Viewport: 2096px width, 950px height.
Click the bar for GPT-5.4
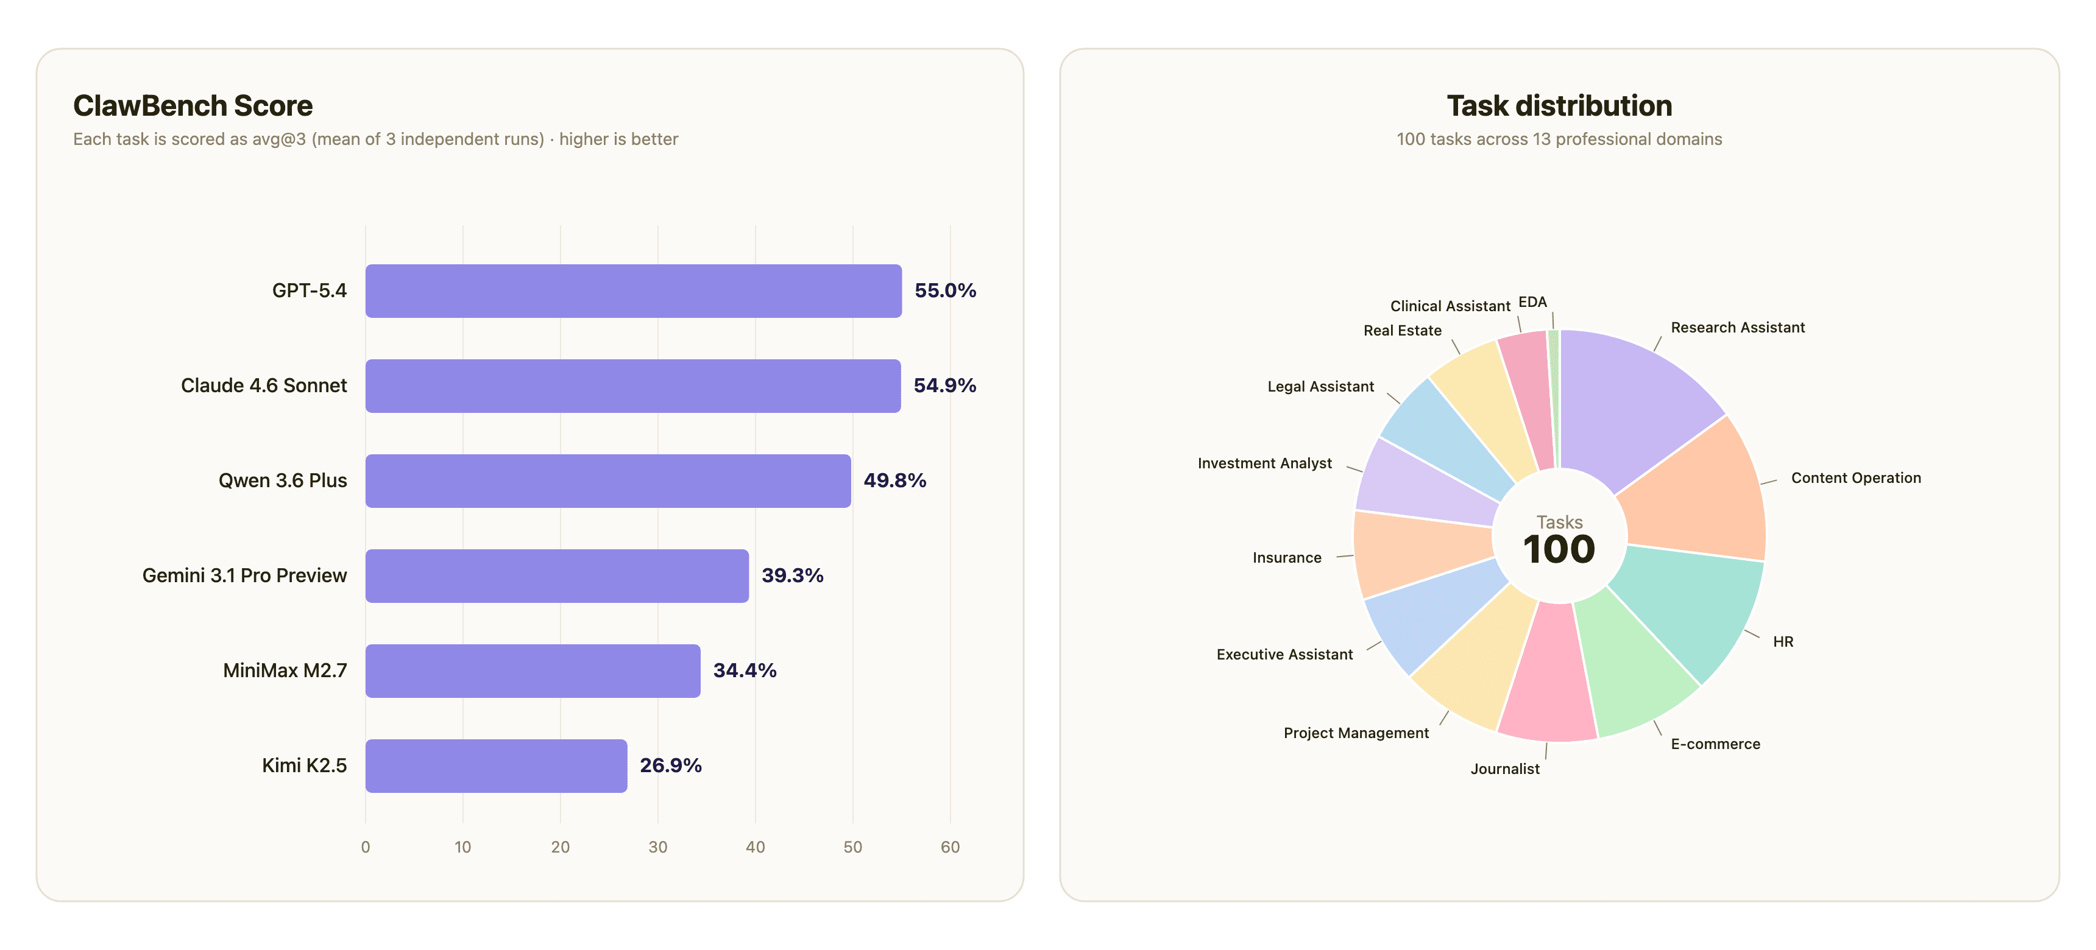(x=633, y=290)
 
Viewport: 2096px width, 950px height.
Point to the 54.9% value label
(x=944, y=385)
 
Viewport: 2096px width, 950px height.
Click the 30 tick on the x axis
(x=657, y=846)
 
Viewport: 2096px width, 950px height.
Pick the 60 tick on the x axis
(x=949, y=846)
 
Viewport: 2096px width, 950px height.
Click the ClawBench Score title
(x=193, y=106)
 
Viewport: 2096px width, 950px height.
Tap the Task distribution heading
(x=1559, y=106)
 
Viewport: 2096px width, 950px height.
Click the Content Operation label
(x=1855, y=478)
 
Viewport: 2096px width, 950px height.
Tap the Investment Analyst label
(x=1264, y=463)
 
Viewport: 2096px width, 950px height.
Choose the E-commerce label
(x=1715, y=744)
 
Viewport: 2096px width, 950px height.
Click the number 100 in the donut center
(x=1558, y=550)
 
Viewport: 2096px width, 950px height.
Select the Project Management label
(x=1356, y=733)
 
